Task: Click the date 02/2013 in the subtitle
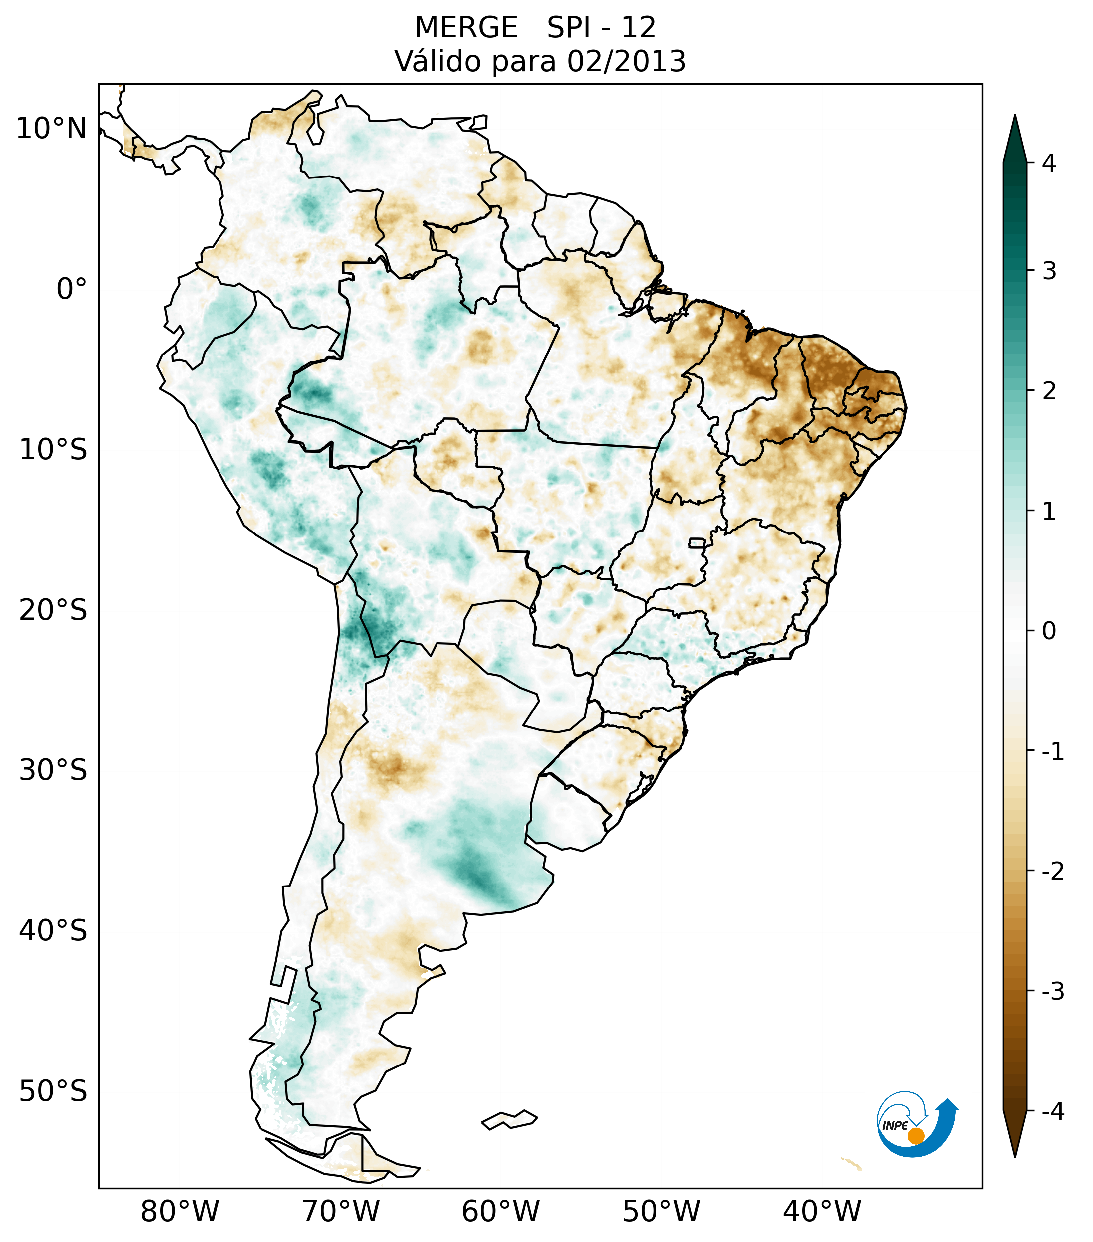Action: coord(626,61)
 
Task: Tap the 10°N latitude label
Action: coord(52,129)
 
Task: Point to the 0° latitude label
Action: coord(72,289)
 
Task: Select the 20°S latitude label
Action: coord(53,610)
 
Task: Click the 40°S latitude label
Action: coord(53,930)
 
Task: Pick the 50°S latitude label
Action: coord(53,1091)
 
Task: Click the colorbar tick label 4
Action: coord(1049,163)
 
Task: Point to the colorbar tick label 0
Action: coord(1049,631)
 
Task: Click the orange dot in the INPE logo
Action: coord(915,1136)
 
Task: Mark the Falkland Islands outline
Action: coord(509,1119)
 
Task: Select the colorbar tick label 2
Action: coord(1049,391)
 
